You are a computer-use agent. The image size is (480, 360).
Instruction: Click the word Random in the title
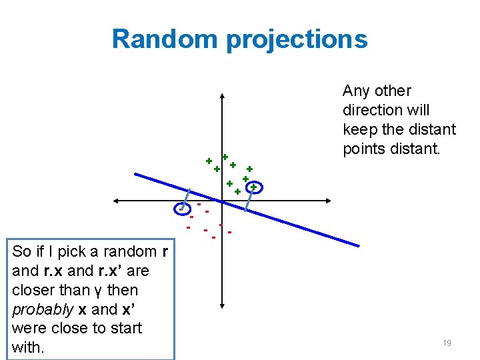pyautogui.click(x=165, y=39)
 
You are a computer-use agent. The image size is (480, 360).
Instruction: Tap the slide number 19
pyautogui.click(x=447, y=343)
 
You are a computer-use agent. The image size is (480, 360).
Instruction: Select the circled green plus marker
pyautogui.click(x=253, y=187)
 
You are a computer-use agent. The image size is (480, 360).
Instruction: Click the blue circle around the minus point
pyautogui.click(x=181, y=209)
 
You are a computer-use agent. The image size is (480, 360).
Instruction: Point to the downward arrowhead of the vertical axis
pyautogui.click(x=221, y=309)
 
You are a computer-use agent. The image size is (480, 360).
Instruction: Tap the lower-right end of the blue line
pyautogui.click(x=357, y=246)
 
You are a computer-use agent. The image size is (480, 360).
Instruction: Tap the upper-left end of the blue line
pyautogui.click(x=136, y=175)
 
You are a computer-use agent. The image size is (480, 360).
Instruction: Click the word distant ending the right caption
pyautogui.click(x=415, y=149)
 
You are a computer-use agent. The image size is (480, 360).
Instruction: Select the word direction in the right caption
pyautogui.click(x=371, y=110)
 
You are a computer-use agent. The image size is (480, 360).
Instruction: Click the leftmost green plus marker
pyautogui.click(x=209, y=161)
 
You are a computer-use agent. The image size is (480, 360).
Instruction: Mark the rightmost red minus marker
pyautogui.click(x=229, y=233)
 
